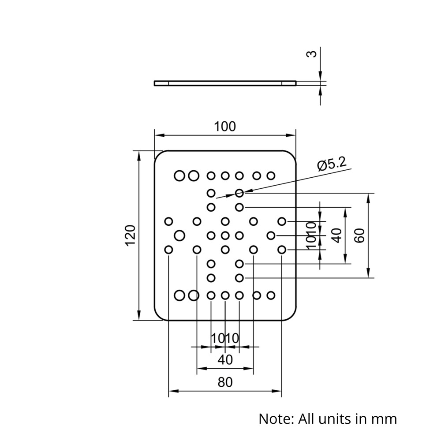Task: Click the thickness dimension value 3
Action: click(x=311, y=54)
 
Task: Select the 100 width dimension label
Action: click(x=225, y=127)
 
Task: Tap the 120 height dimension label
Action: click(x=130, y=235)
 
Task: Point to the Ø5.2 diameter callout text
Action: click(x=332, y=165)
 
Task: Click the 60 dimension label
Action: click(x=359, y=235)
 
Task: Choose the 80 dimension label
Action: click(x=225, y=382)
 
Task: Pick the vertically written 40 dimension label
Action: click(x=337, y=235)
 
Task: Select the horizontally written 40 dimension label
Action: click(x=225, y=360)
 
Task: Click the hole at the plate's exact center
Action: click(x=225, y=235)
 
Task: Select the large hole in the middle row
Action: click(x=179, y=235)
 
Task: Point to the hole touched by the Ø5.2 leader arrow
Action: click(x=239, y=193)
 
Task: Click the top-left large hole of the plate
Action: click(x=179, y=176)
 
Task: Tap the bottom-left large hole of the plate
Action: click(x=179, y=295)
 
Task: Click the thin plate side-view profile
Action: click(x=225, y=82)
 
